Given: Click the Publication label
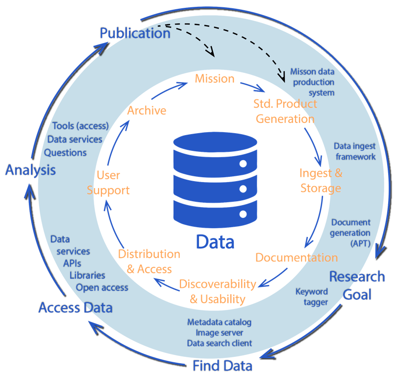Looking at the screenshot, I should [x=135, y=33].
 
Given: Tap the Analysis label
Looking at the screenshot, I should [x=30, y=170].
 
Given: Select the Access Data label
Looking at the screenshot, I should [x=75, y=308].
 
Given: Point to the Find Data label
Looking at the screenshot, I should [x=223, y=365].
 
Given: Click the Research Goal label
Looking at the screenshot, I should [x=357, y=285].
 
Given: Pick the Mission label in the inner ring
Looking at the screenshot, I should [x=215, y=78].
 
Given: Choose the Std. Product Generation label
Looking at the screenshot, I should [x=285, y=111].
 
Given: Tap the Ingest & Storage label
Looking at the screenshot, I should [x=321, y=181].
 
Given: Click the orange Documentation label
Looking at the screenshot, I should [x=297, y=258].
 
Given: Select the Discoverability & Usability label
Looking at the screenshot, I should [x=218, y=291].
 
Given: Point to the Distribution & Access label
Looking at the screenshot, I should [x=149, y=261].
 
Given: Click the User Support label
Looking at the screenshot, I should [x=108, y=182].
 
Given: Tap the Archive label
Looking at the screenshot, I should [x=147, y=111].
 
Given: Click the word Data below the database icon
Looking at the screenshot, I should [x=215, y=241].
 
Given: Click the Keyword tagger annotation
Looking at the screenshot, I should [x=312, y=297].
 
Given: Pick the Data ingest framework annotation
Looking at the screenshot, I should [x=354, y=151].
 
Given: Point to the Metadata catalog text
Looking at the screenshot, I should [x=219, y=322].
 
